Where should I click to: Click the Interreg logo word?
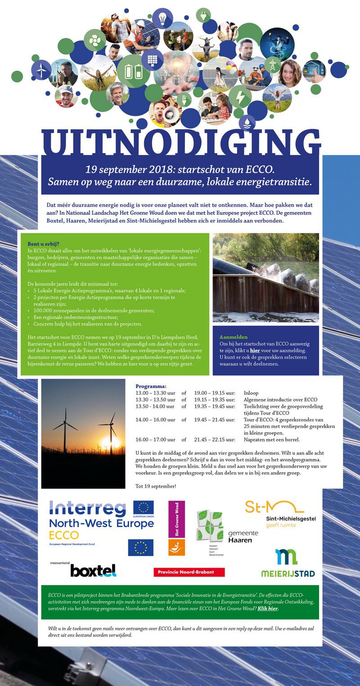coord(88,509)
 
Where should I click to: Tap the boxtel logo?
coord(93,570)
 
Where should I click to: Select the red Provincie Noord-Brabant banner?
coord(189,572)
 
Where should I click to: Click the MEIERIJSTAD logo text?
coord(288,573)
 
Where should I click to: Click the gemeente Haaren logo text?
coord(243,537)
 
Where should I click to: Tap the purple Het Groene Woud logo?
coord(176,519)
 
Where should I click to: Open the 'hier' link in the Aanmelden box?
coord(255,350)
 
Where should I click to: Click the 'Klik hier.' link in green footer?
coord(268,609)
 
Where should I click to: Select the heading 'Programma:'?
coord(151,386)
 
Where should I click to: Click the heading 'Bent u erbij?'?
coord(43,244)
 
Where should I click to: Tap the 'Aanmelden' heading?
coord(234,337)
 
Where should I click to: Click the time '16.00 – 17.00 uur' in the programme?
coord(155,439)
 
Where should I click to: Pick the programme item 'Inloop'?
coord(251,393)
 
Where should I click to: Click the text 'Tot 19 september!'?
coord(156,486)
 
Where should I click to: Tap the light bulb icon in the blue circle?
coord(162,18)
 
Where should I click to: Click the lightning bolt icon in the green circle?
coord(239,96)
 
